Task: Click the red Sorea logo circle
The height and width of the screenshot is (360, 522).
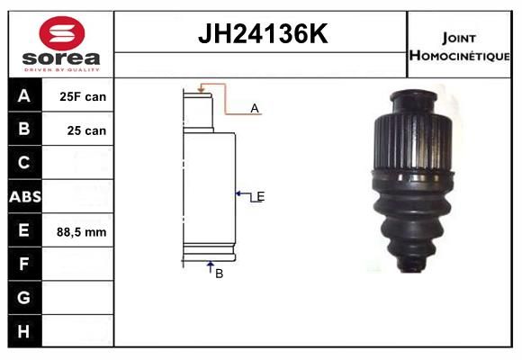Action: click(62, 33)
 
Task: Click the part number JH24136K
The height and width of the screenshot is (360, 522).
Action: click(263, 33)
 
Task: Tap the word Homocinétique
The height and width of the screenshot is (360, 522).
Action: click(459, 56)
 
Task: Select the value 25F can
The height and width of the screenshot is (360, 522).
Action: click(83, 96)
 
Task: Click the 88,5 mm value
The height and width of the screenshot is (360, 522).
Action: click(82, 232)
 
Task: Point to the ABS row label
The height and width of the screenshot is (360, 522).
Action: click(25, 196)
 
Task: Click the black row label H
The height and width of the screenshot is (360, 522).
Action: click(23, 331)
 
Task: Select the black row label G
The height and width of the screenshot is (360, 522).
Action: click(23, 297)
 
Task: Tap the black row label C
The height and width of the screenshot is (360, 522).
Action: click(23, 163)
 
